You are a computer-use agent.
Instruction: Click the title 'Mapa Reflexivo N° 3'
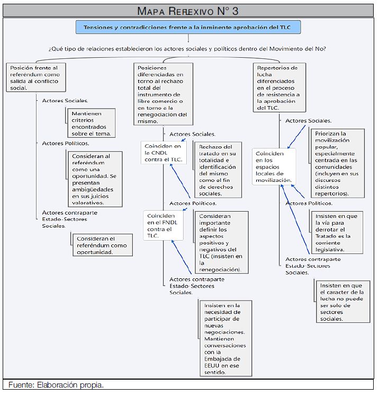click(189, 11)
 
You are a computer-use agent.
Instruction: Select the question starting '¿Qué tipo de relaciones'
click(187, 49)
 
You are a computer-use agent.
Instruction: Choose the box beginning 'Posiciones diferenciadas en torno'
click(161, 94)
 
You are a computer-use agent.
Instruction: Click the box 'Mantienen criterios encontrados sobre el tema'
click(93, 123)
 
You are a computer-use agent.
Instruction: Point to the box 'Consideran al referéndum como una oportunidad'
click(95, 179)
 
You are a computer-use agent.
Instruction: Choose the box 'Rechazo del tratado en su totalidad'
click(218, 169)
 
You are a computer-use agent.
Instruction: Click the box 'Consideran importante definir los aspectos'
click(222, 243)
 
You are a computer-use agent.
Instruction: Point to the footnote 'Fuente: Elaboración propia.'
click(56, 384)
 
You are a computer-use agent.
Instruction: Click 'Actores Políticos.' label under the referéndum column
click(66, 143)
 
